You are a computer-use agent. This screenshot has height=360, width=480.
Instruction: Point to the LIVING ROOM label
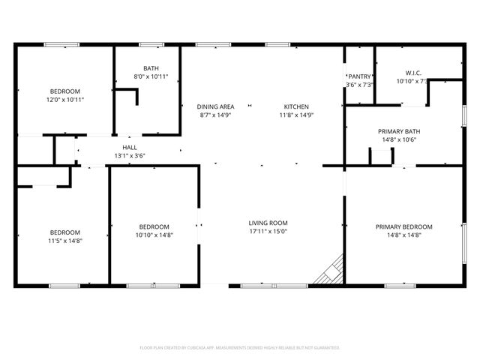click(268, 223)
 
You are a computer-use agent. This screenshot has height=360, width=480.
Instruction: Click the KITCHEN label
click(295, 106)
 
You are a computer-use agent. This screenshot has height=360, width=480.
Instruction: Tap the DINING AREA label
click(216, 106)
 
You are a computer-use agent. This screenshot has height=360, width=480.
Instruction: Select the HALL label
click(130, 148)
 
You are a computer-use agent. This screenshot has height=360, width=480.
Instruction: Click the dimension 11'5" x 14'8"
click(64, 241)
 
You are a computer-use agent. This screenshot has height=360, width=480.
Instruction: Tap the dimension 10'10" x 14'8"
click(154, 235)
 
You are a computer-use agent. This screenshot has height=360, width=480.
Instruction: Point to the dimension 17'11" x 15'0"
click(268, 232)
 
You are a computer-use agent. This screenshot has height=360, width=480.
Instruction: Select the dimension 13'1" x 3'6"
click(130, 156)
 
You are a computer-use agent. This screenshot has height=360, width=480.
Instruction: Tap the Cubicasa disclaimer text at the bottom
click(240, 348)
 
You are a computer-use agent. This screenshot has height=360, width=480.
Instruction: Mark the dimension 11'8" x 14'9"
click(295, 115)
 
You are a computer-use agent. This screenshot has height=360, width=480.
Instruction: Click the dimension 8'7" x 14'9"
click(216, 115)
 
